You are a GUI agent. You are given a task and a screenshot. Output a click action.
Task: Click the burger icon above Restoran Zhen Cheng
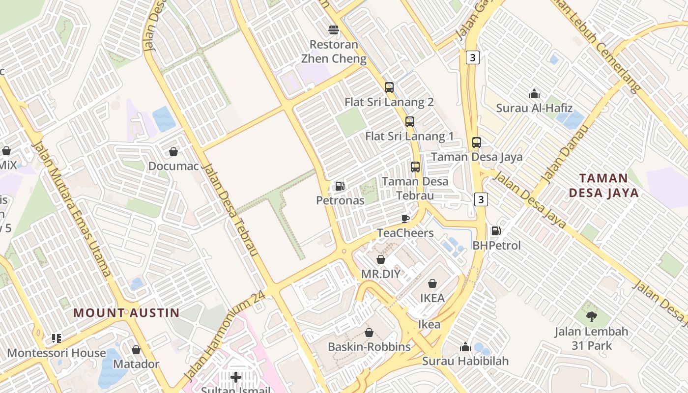(334, 30)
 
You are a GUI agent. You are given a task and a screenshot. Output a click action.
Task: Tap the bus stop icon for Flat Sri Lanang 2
(389, 87)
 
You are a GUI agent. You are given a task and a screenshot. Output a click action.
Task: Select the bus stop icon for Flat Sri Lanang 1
(410, 121)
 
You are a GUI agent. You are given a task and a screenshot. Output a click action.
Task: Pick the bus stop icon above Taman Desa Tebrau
(415, 167)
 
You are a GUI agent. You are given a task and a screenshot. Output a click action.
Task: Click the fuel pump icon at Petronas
(340, 186)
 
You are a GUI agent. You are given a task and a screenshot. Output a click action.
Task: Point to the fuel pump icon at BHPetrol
(496, 230)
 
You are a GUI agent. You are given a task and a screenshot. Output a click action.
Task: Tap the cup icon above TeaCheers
(405, 219)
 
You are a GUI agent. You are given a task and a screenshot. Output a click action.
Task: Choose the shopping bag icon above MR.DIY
(381, 259)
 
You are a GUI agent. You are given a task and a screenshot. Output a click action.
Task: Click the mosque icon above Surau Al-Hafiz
(534, 94)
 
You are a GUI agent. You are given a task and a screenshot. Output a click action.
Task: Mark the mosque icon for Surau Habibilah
(465, 347)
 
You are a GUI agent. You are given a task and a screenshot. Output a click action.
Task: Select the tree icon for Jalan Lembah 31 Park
(592, 317)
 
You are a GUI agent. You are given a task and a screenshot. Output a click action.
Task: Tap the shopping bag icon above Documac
(173, 152)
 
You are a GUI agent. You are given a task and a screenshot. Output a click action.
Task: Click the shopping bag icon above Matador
(136, 350)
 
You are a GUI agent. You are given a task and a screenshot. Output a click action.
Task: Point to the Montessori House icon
(56, 338)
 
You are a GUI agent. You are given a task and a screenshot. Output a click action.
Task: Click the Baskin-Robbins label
(369, 347)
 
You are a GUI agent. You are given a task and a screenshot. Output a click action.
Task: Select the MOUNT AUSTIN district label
(126, 313)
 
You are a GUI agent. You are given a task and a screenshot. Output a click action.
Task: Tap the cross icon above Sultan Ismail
(236, 377)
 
